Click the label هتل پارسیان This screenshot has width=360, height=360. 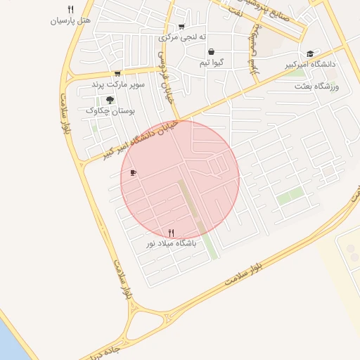pyautogui.click(x=71, y=20)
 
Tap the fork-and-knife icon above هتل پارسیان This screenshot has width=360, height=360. pyautogui.click(x=70, y=9)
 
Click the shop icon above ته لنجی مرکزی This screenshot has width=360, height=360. pyautogui.click(x=181, y=27)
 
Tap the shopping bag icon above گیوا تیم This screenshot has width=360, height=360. pyautogui.click(x=212, y=51)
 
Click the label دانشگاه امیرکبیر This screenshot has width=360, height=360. pyautogui.click(x=311, y=64)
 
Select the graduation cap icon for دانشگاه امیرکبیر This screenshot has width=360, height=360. pyautogui.click(x=310, y=53)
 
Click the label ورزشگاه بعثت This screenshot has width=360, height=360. pyautogui.click(x=317, y=86)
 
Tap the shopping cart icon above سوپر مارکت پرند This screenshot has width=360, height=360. pyautogui.click(x=117, y=73)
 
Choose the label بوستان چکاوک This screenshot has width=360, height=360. pyautogui.click(x=110, y=111)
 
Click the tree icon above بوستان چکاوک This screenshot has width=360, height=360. pyautogui.click(x=110, y=100)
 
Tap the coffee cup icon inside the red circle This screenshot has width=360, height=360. pyautogui.click(x=134, y=172)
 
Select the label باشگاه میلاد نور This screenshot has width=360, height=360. pyautogui.click(x=172, y=243)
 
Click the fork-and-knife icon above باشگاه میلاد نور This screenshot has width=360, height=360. pyautogui.click(x=171, y=233)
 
